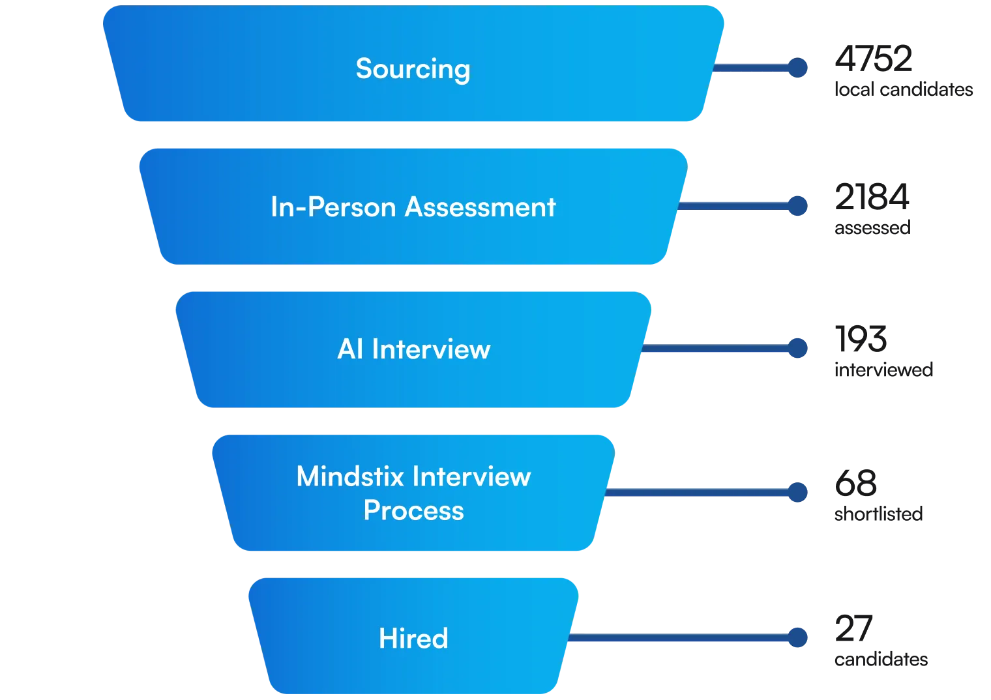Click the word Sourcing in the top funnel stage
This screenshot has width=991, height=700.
(x=413, y=69)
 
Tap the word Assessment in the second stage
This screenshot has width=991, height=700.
(x=481, y=207)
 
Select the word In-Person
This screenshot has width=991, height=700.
(x=333, y=207)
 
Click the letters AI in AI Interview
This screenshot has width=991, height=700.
(x=350, y=349)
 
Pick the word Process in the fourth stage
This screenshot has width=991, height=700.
(x=413, y=510)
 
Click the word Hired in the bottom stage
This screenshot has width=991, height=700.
(x=413, y=638)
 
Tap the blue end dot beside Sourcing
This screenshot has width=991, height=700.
(x=797, y=67)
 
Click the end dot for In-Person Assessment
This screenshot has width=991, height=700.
(x=797, y=206)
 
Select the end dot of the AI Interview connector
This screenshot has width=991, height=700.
(x=797, y=348)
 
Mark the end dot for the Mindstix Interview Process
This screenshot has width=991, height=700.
(x=797, y=492)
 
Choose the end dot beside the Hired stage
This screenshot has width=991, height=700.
(x=797, y=637)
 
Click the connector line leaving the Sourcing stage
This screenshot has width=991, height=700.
(x=753, y=67)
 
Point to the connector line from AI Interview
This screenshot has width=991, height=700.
(x=717, y=349)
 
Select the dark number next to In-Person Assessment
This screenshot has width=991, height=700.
(x=872, y=198)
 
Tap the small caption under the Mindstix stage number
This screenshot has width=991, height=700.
(x=878, y=514)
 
